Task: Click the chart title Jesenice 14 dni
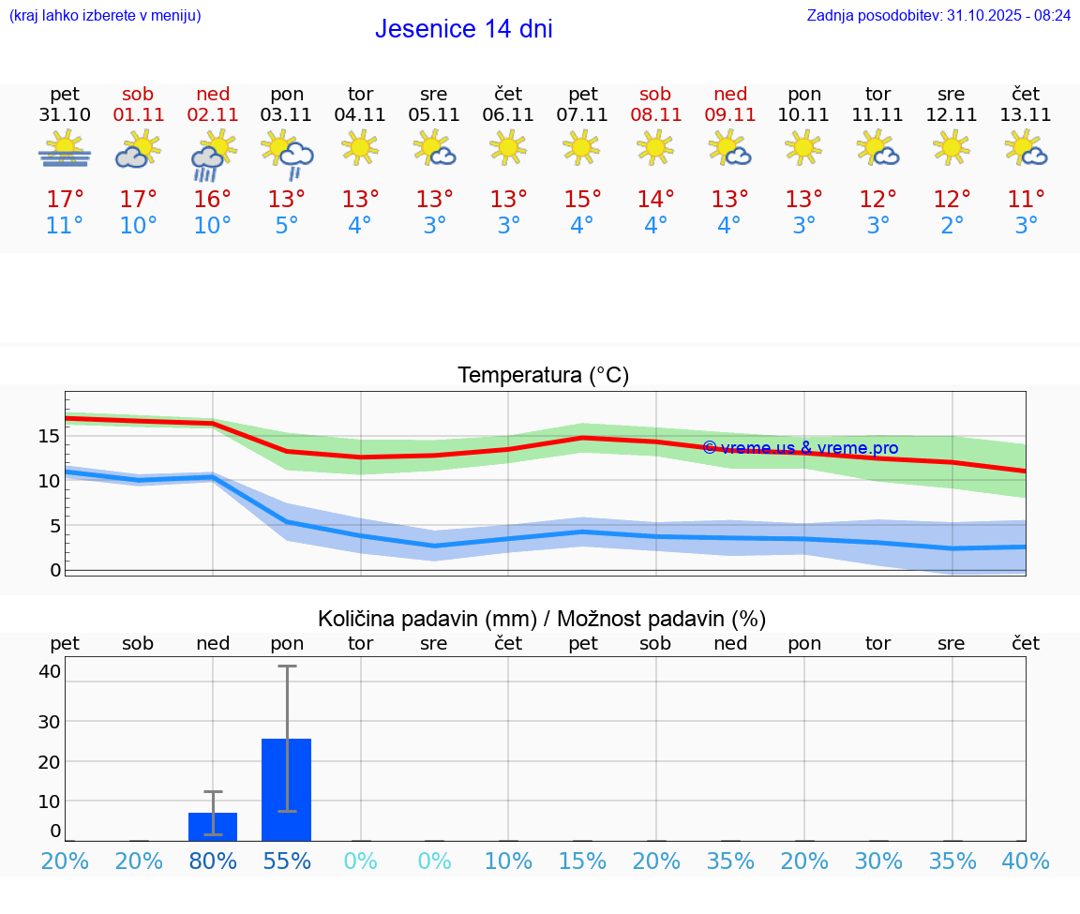[463, 29]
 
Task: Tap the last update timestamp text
[938, 16]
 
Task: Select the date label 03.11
[286, 115]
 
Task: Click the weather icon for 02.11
[213, 155]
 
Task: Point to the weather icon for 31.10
[65, 150]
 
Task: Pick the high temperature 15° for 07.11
[582, 200]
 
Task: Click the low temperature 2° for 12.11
[952, 226]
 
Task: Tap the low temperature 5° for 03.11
[286, 226]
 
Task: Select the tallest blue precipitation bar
[286, 789]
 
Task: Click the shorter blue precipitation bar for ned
[213, 826]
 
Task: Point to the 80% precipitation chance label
[213, 862]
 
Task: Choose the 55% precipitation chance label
[286, 862]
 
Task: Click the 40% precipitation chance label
[1026, 862]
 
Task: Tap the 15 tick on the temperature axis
[50, 436]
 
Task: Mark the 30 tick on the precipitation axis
[50, 721]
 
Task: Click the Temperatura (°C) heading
[543, 376]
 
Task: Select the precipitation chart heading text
[542, 619]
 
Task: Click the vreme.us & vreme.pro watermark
[800, 448]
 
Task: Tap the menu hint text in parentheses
[105, 16]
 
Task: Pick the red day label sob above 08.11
[655, 94]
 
